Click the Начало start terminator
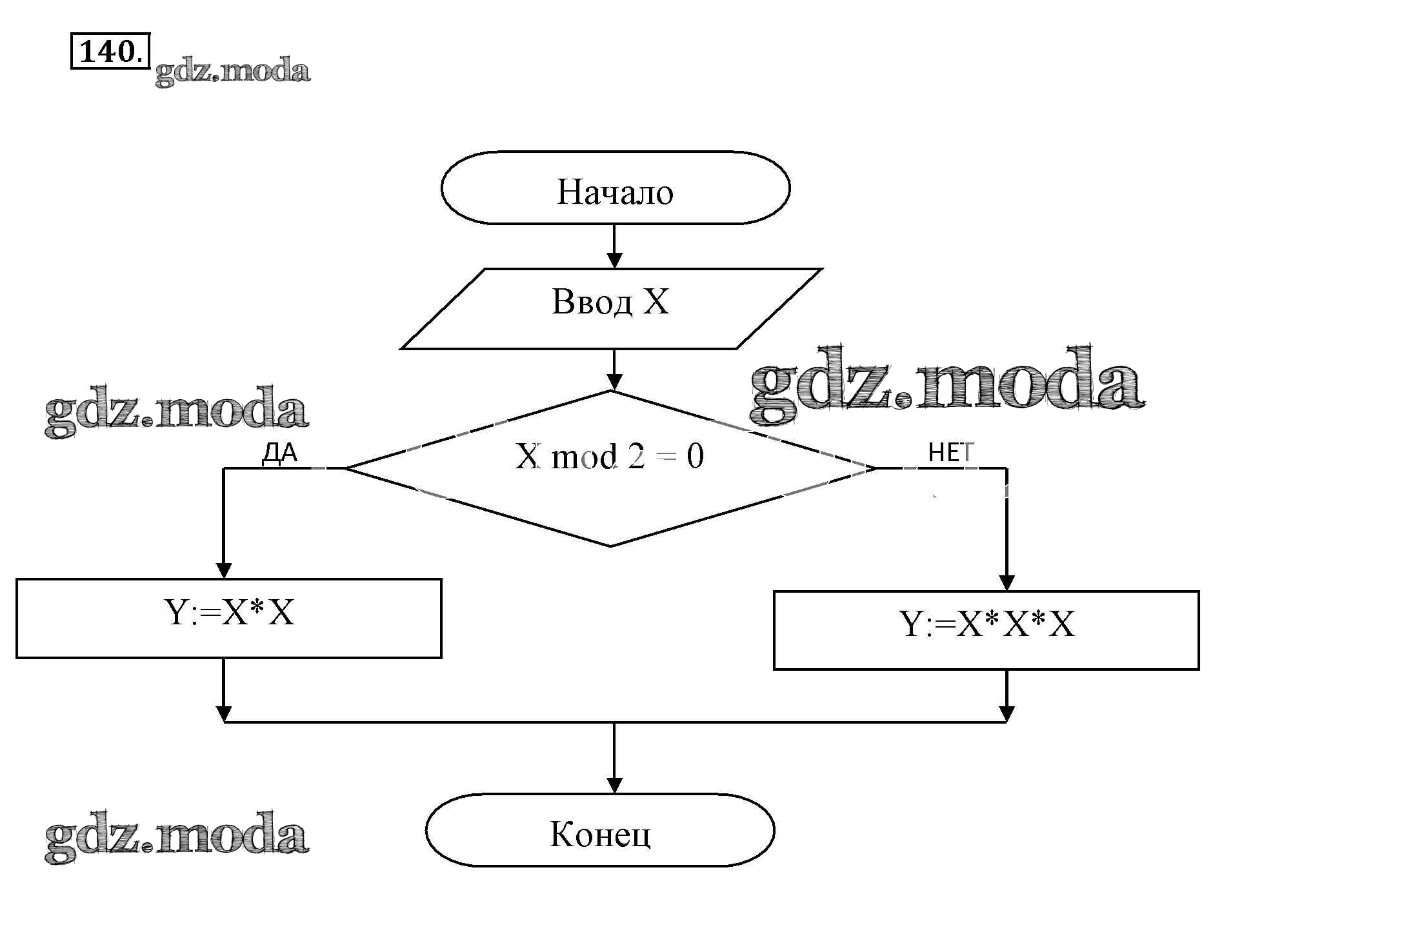[615, 188]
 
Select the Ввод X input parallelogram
[610, 308]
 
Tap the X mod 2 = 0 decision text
[609, 457]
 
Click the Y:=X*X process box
[228, 618]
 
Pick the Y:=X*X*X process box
[986, 629]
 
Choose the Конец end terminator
[599, 830]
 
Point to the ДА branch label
[279, 453]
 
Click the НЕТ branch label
[950, 453]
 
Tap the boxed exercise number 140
[109, 51]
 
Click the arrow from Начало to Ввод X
[614, 246]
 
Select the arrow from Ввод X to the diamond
[614, 370]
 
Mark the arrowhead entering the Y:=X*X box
[223, 571]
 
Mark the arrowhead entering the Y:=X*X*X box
[1007, 582]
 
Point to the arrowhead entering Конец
[614, 785]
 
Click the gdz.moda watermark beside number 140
[232, 70]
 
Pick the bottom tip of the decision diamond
[610, 546]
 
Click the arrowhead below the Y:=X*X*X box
[1007, 714]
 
